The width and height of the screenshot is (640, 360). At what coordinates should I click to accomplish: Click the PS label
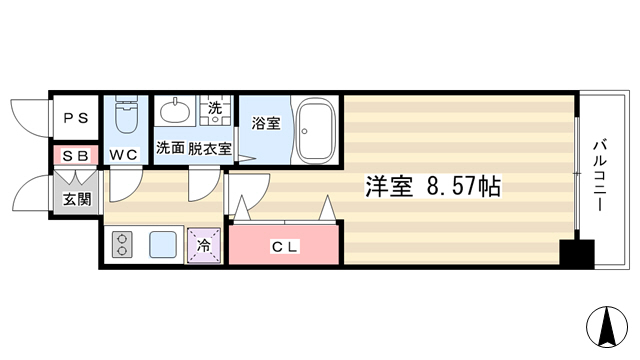tap(76, 118)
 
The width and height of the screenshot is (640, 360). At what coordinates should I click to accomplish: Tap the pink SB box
tap(76, 155)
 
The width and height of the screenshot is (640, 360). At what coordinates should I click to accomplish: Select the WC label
tap(124, 155)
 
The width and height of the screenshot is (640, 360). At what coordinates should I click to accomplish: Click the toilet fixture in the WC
tap(126, 114)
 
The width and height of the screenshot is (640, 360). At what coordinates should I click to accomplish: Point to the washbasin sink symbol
tap(175, 110)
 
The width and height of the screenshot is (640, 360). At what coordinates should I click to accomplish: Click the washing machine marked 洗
tap(215, 110)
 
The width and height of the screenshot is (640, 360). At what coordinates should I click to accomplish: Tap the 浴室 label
tap(266, 123)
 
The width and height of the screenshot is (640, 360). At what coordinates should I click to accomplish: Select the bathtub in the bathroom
tap(316, 130)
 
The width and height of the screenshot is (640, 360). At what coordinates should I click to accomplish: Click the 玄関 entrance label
tap(77, 200)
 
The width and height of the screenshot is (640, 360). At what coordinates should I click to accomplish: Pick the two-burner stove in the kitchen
tap(122, 244)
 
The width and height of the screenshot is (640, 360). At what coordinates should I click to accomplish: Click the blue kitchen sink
tap(163, 244)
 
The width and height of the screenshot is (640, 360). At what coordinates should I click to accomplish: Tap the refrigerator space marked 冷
tap(204, 245)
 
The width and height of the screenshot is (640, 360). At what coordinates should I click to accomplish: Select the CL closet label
tap(284, 247)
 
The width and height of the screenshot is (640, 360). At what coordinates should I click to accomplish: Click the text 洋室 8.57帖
tap(433, 187)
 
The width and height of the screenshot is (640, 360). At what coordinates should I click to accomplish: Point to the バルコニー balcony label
tap(600, 176)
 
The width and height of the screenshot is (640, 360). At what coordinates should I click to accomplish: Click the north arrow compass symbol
tap(607, 327)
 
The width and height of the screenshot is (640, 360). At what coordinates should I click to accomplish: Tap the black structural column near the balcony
tap(577, 254)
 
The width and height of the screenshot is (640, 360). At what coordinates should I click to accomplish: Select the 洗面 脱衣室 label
tap(194, 148)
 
